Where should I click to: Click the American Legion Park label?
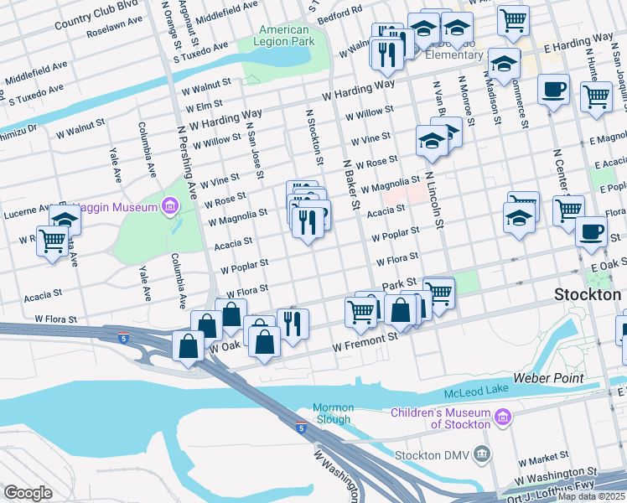tap(283, 35)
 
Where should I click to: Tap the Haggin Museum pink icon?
tap(171, 206)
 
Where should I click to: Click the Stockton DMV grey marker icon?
tap(482, 454)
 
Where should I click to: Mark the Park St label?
tap(399, 287)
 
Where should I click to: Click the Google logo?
tap(28, 492)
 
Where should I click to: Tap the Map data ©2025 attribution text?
tap(591, 496)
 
